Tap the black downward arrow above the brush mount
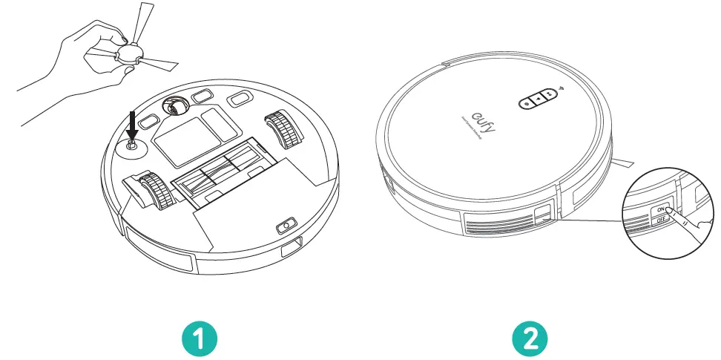click(132, 122)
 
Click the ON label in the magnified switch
click(659, 210)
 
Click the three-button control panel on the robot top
click(539, 99)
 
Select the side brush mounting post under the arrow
click(131, 146)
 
